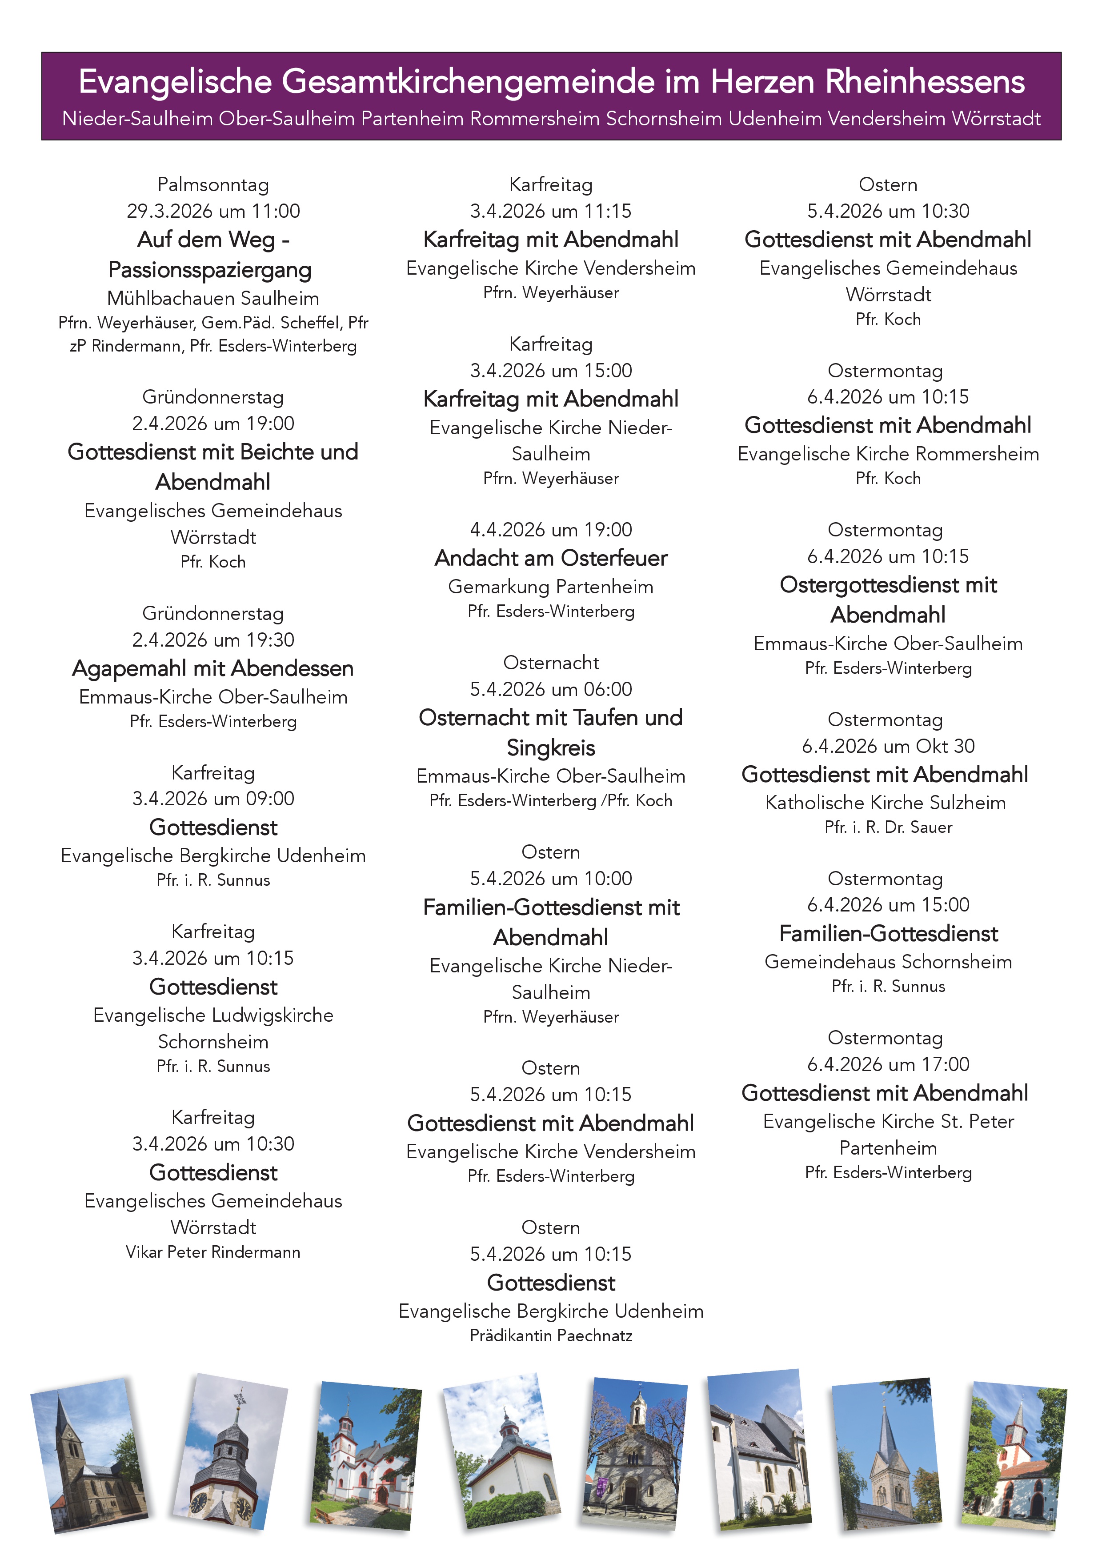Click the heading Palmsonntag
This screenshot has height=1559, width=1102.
pyautogui.click(x=213, y=185)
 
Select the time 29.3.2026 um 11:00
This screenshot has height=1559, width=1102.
pyautogui.click(x=213, y=211)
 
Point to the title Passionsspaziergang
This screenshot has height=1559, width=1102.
pyautogui.click(x=210, y=270)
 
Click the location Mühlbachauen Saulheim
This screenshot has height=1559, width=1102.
pyautogui.click(x=213, y=298)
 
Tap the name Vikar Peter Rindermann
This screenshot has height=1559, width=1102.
pyautogui.click(x=213, y=1252)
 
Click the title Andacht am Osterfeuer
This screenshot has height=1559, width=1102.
pyautogui.click(x=551, y=558)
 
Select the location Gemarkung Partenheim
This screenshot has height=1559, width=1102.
pyautogui.click(x=551, y=587)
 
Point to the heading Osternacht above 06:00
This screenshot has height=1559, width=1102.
pyautogui.click(x=551, y=663)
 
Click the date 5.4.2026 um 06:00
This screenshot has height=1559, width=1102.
pyautogui.click(x=551, y=689)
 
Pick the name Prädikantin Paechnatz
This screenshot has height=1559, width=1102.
pyautogui.click(x=551, y=1335)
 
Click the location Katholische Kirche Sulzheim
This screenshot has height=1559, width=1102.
pyautogui.click(x=886, y=803)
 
